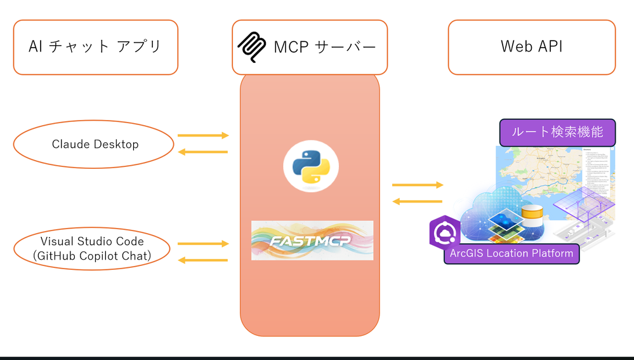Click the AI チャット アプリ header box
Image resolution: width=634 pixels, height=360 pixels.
95,47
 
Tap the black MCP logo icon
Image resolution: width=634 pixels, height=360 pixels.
251,47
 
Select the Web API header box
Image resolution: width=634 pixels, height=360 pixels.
531,47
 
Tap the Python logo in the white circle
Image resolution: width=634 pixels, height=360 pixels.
311,166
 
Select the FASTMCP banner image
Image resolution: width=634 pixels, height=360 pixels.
312,240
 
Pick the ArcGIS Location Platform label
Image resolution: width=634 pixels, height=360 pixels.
512,253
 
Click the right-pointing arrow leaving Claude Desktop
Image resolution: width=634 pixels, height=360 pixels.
202,135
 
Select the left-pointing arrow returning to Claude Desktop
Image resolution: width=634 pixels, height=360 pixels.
202,152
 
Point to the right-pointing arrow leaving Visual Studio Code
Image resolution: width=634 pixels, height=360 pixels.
202,243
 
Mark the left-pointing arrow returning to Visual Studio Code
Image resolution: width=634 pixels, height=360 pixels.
202,260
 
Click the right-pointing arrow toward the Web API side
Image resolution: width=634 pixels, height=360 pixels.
417,185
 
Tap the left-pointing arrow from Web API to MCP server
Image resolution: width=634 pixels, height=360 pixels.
417,201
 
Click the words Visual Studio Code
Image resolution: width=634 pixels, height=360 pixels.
92,241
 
